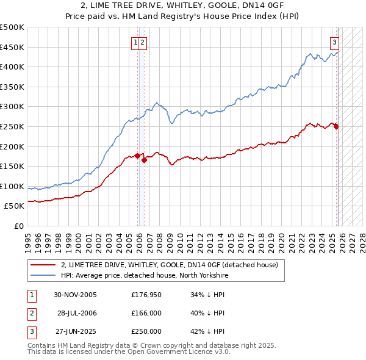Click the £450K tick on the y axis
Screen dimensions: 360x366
coord(12,47)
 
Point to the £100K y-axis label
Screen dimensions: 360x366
coord(12,186)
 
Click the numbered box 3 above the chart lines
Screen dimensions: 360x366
coord(335,42)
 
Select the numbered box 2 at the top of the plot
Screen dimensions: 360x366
coord(142,42)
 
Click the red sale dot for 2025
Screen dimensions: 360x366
coord(336,127)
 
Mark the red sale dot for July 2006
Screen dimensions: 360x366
coord(144,160)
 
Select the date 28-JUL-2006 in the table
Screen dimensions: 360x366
coord(77,313)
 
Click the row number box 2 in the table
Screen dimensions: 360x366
coord(31,313)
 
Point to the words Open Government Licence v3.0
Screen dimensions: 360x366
coord(183,352)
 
